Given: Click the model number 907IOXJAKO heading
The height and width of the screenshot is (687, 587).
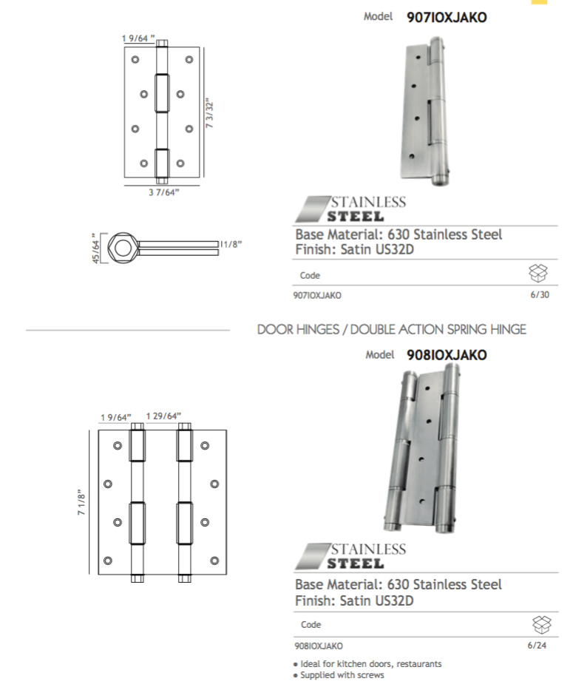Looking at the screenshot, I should coord(447,18).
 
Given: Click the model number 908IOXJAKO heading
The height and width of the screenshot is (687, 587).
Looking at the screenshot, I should coord(447,355).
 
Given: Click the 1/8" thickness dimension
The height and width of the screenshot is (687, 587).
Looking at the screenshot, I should coord(231,243).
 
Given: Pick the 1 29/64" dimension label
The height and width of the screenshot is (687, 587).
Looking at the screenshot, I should coord(163,416).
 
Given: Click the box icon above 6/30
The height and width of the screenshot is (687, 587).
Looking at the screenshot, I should coord(538,274).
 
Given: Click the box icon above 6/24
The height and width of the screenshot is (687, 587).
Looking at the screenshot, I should coord(542,624).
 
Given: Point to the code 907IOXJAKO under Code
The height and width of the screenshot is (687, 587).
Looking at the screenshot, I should coord(318,295).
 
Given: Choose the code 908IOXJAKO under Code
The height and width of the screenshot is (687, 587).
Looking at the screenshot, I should coord(319,646).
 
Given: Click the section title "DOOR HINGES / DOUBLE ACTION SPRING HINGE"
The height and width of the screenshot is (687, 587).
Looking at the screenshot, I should coord(392,329).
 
